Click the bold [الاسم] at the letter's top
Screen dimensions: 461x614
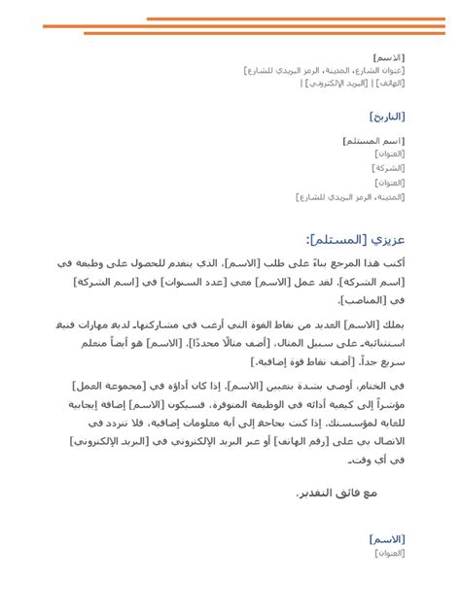point(389,56)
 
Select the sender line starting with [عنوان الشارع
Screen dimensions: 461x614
point(325,70)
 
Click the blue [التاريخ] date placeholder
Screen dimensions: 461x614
point(387,117)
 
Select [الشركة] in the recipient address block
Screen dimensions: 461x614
point(389,167)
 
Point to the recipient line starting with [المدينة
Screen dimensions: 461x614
point(350,196)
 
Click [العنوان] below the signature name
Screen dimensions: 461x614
point(389,552)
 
